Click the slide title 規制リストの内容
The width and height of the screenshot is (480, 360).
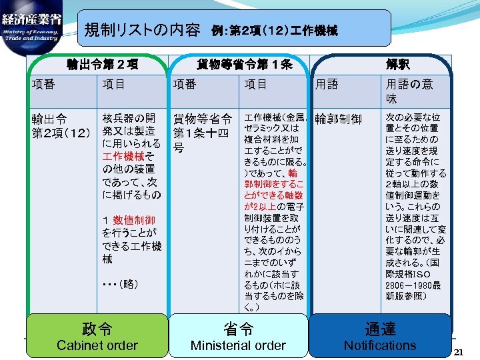pyautogui.click(x=142, y=30)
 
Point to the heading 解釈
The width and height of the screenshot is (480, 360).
pyautogui.click(x=397, y=65)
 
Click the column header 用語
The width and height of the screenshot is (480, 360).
pyautogui.click(x=327, y=84)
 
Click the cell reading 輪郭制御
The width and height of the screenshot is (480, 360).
pyautogui.click(x=338, y=119)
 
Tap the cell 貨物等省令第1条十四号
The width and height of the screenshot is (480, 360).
pyautogui.click(x=202, y=133)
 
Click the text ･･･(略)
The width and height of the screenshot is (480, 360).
pyautogui.click(x=120, y=284)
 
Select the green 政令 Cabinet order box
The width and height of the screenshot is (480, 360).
pyautogui.click(x=97, y=335)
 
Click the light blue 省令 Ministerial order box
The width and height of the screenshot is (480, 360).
pyautogui.click(x=238, y=335)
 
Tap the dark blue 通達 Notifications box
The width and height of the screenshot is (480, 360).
pyautogui.click(x=379, y=335)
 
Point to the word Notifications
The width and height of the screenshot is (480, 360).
pyautogui.click(x=379, y=345)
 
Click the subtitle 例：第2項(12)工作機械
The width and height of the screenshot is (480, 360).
pyautogui.click(x=275, y=31)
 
